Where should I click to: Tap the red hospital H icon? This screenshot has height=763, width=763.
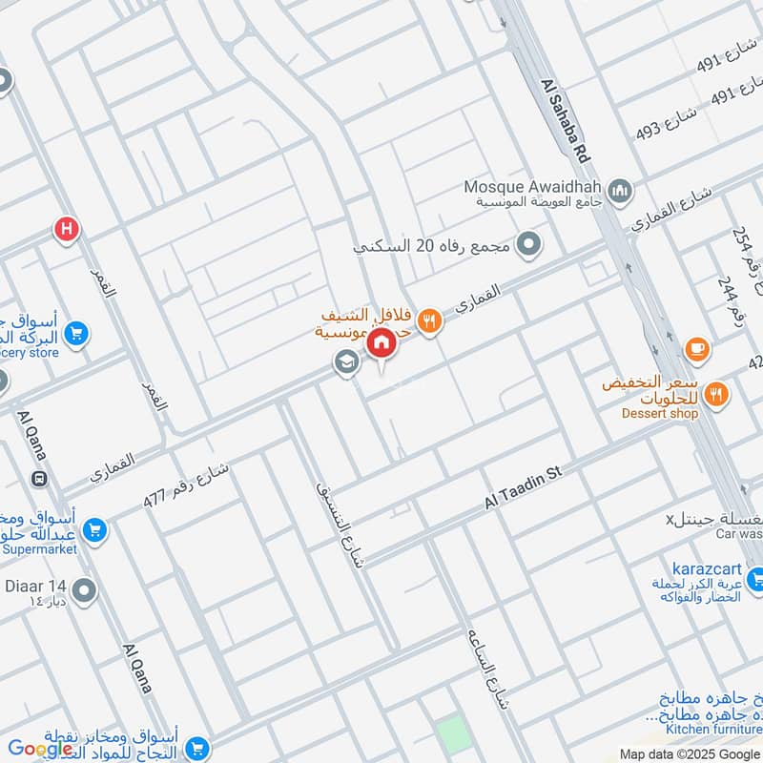click(66, 228)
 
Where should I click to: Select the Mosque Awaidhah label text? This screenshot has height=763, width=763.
click(533, 187)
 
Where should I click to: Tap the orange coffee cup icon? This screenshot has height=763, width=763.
click(696, 350)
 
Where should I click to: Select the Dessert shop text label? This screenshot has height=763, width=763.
click(659, 413)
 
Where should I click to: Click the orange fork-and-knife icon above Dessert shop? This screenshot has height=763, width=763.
click(718, 392)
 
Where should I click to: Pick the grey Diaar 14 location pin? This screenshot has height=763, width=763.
click(84, 591)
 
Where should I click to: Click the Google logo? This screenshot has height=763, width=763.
click(41, 749)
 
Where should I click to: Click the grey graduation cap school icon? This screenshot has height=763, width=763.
click(344, 362)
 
